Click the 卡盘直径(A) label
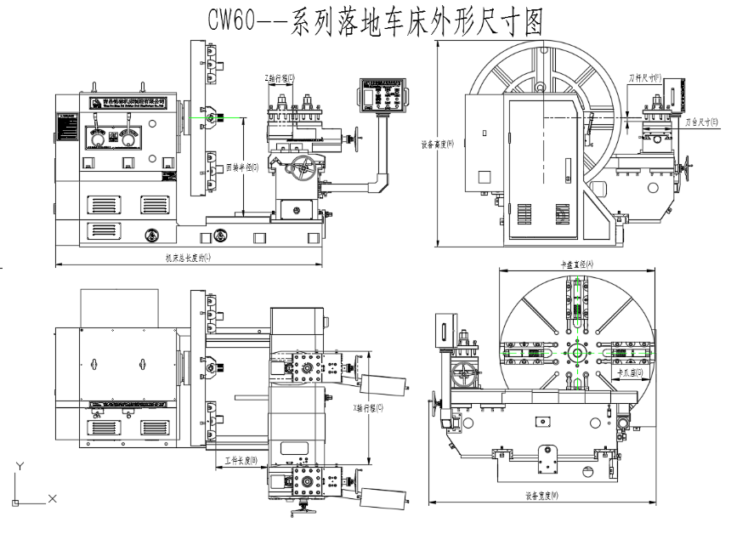[x=577, y=264]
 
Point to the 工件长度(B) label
[x=240, y=460]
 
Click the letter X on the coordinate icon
[x=52, y=498]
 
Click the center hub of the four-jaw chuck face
[x=578, y=353]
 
